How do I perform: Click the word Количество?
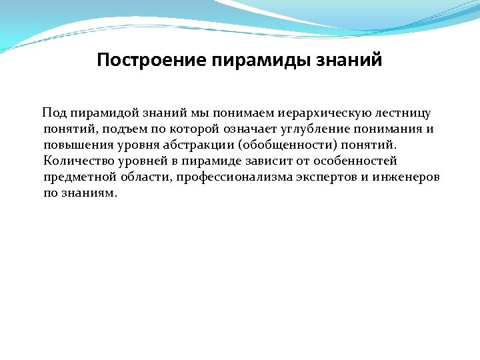74,161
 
